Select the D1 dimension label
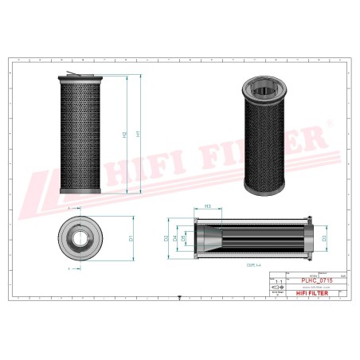click(x=129, y=237)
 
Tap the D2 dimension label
click(x=166, y=237)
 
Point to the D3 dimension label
click(x=324, y=237)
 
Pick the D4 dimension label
click(x=175, y=237)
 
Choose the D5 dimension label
click(x=185, y=237)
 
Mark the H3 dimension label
click(x=207, y=206)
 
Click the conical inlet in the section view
click(x=209, y=237)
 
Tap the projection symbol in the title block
click(x=278, y=291)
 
